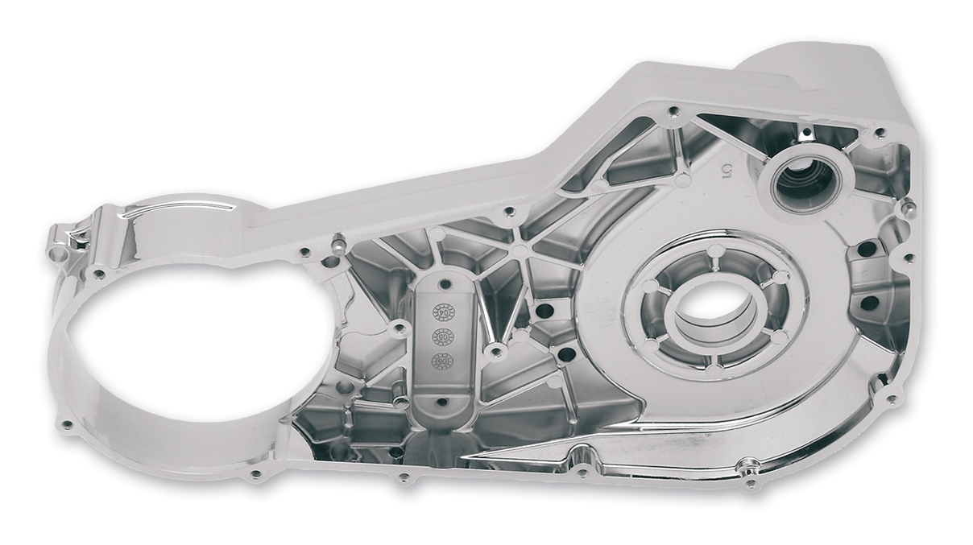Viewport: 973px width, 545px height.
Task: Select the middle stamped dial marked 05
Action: tap(443, 336)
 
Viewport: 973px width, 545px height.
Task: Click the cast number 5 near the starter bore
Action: tap(726, 169)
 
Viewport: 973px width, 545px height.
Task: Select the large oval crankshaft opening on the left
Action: tap(197, 354)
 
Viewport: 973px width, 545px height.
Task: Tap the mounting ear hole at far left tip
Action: tap(57, 254)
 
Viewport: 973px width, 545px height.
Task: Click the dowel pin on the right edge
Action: tap(909, 208)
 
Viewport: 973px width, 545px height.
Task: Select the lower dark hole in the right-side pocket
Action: tap(869, 303)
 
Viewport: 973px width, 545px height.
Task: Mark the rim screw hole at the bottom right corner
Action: tap(891, 398)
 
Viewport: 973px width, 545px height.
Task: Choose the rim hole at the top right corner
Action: tap(880, 132)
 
